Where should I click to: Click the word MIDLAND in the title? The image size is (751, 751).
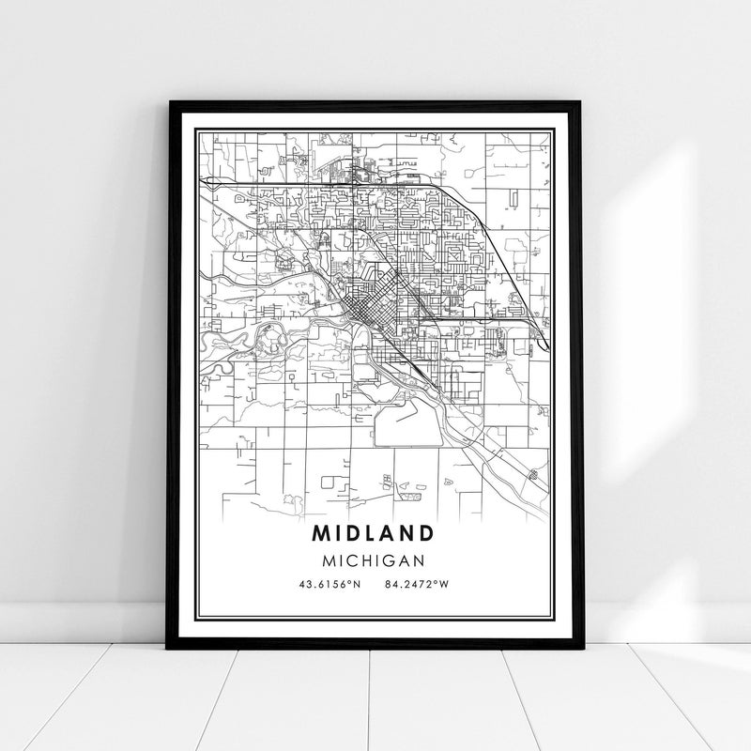click(374, 532)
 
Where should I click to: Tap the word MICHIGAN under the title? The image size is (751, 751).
click(374, 559)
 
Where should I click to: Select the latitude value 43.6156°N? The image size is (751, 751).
click(329, 585)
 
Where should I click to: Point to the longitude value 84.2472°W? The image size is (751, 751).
click(417, 585)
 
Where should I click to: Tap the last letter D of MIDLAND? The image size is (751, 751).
click(425, 532)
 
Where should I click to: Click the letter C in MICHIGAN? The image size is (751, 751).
click(350, 559)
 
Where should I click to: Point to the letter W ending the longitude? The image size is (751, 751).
click(444, 585)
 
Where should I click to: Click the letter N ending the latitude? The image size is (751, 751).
click(357, 585)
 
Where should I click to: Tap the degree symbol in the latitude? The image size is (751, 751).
click(350, 582)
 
